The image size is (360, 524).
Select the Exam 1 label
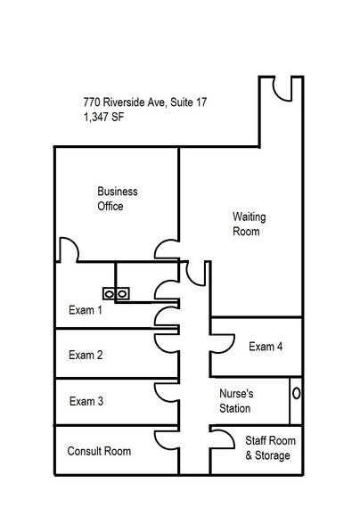[x=86, y=311]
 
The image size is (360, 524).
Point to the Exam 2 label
[x=86, y=355]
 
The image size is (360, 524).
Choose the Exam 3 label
[x=86, y=401]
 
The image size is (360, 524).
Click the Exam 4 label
[x=266, y=347]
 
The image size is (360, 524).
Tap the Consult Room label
[x=99, y=451]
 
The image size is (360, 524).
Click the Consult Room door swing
[x=166, y=437]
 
